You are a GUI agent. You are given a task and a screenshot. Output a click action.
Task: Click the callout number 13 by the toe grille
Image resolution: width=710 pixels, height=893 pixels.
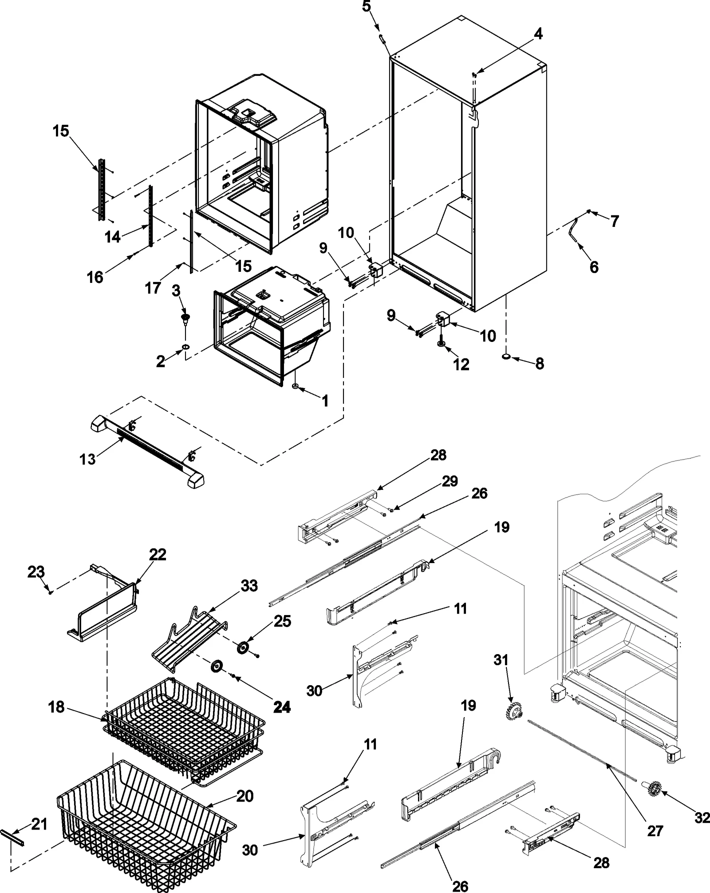tap(87, 459)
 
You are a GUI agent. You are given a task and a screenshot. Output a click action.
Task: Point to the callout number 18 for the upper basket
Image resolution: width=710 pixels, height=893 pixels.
tap(56, 706)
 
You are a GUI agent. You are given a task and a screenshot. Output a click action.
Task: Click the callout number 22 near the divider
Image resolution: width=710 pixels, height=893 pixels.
tap(158, 554)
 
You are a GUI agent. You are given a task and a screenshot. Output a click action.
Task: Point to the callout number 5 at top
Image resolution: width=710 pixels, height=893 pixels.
tap(367, 8)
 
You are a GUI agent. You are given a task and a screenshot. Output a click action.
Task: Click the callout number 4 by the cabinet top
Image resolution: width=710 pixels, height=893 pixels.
tap(537, 34)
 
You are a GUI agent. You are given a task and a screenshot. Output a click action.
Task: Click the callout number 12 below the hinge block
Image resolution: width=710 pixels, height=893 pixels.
tap(461, 365)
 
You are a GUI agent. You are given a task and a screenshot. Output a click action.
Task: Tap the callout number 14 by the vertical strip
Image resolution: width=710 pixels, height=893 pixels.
tap(113, 237)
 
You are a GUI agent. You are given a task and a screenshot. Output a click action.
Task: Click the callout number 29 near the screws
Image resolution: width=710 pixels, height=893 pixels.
tap(450, 481)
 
